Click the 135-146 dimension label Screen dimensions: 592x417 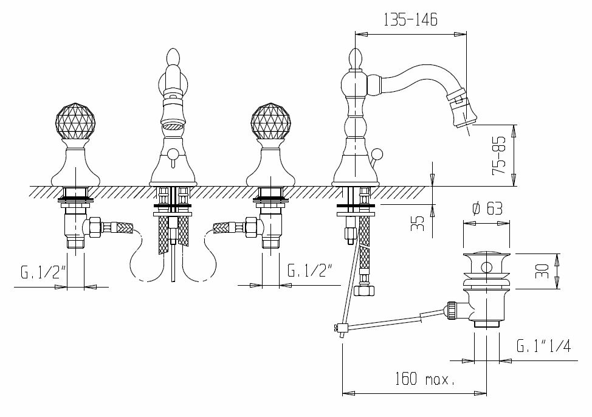pos(410,19)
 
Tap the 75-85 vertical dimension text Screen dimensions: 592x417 pos(499,155)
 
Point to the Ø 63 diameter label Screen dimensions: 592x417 pos(487,208)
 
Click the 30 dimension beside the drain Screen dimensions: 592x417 pos(542,271)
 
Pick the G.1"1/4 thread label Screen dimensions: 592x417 pos(543,346)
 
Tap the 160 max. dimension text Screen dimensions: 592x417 pos(425,379)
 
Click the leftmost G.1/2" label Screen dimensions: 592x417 pos(44,272)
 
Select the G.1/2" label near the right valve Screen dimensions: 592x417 pos(310,271)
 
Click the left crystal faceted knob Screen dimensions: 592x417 pos(76,120)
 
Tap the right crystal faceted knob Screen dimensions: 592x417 pos(270,120)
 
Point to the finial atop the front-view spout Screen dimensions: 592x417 pos(173,57)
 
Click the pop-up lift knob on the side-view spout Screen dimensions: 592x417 pos(376,154)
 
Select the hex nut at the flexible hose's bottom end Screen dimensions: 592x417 pos(365,291)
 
